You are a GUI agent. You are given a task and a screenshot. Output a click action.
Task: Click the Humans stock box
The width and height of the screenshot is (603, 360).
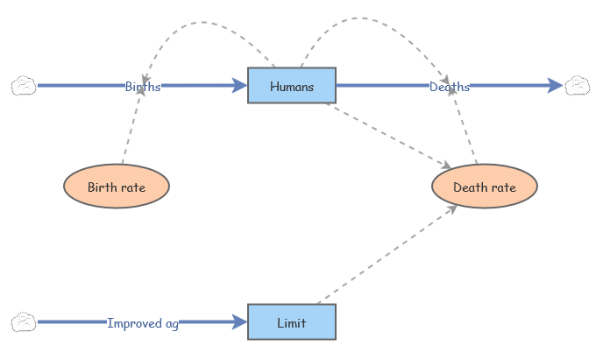(292, 86)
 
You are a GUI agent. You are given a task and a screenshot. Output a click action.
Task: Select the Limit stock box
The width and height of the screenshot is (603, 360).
(292, 322)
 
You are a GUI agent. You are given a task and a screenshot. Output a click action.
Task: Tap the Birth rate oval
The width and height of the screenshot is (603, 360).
(117, 187)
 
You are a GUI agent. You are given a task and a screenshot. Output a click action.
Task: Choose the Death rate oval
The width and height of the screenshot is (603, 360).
(485, 187)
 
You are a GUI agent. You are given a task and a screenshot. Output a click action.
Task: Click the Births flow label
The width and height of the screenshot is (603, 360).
(143, 86)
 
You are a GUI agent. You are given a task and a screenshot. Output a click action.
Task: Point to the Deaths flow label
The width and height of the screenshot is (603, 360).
(450, 86)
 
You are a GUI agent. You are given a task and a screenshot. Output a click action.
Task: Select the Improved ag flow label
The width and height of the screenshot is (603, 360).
(143, 322)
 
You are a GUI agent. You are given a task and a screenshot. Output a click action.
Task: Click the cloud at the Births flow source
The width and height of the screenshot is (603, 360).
(24, 86)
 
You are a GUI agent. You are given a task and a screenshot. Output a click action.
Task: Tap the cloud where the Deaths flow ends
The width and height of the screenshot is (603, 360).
(578, 86)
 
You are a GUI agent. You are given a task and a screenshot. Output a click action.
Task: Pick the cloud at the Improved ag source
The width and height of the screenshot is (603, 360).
(24, 322)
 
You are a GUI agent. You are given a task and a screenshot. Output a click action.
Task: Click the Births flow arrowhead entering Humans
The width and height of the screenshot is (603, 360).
(239, 86)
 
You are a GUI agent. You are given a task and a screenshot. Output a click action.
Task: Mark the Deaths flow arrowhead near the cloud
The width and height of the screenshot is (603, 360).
(555, 86)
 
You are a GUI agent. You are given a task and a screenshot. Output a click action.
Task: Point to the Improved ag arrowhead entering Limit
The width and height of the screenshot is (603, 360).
(239, 322)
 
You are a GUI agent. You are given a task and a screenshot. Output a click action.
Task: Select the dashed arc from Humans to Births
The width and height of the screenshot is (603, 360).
(202, 22)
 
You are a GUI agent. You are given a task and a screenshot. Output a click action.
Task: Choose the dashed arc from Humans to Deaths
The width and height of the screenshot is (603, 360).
(368, 19)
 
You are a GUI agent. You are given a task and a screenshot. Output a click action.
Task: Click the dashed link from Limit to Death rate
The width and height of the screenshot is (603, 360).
(386, 254)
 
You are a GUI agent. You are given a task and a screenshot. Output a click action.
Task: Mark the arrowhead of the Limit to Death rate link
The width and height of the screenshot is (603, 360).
(451, 208)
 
